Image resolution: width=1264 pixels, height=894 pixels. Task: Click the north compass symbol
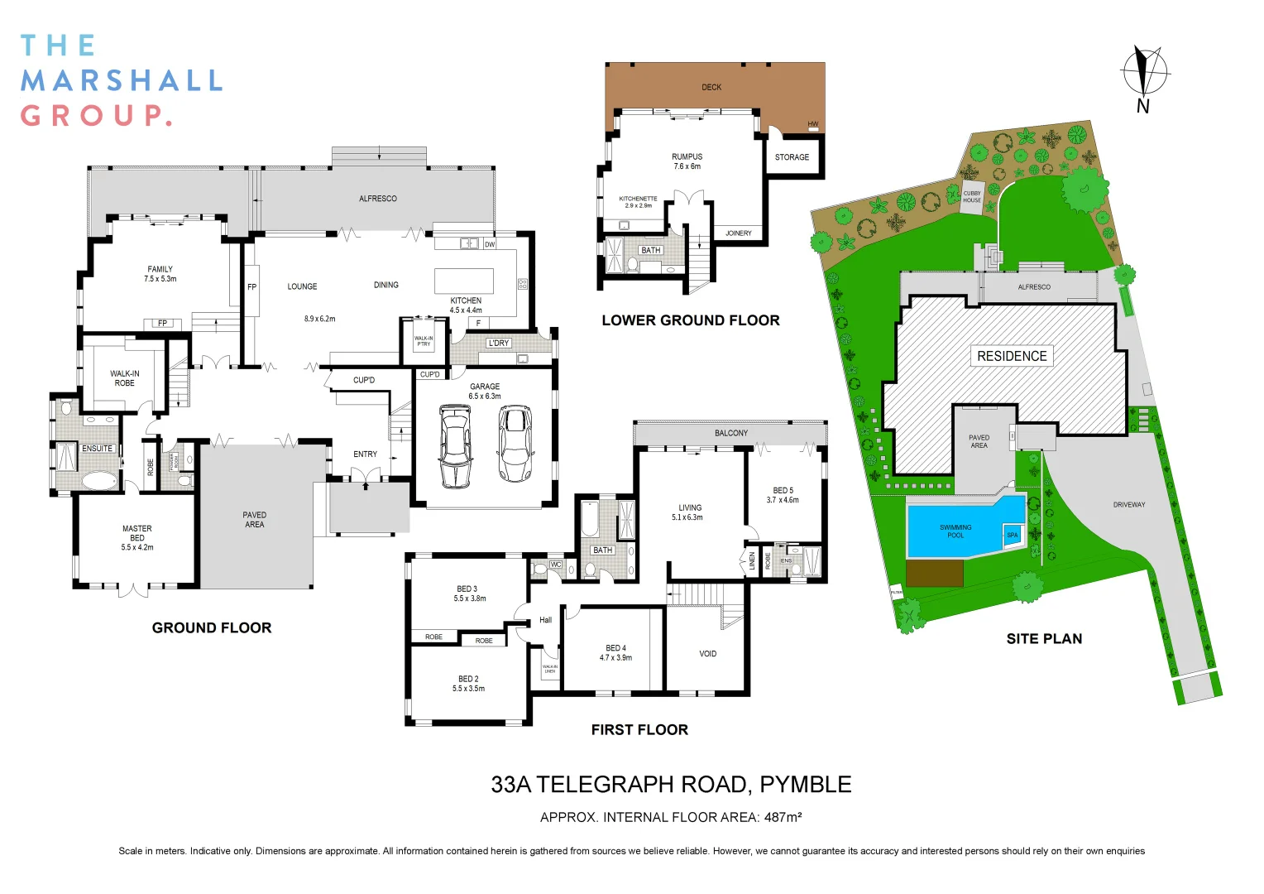point(1144,72)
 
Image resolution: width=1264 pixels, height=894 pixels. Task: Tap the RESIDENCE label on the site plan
point(1012,356)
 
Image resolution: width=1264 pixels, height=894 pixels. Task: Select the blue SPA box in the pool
point(1013,535)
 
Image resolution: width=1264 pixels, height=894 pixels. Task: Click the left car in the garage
point(455,445)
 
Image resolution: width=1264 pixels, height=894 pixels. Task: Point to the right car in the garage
point(516,444)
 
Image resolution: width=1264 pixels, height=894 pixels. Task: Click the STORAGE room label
point(792,157)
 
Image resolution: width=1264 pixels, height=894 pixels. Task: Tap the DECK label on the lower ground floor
point(711,87)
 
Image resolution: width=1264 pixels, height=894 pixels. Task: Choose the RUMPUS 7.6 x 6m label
point(687,161)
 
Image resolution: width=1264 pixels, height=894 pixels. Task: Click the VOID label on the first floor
point(708,654)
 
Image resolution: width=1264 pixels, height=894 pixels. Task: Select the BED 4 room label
point(615,653)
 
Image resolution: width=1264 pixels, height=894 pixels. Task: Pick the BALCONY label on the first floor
point(731,433)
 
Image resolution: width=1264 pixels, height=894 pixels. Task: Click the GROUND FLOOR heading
point(212,627)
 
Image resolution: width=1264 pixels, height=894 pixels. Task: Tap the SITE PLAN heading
point(1044,638)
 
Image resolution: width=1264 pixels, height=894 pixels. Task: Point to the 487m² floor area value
point(783,817)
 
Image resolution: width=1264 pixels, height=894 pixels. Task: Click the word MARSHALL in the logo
point(122,80)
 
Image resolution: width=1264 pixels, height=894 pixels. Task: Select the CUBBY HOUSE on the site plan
point(972,197)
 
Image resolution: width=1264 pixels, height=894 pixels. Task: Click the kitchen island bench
point(463,281)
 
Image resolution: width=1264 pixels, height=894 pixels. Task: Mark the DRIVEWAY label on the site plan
point(1129,504)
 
